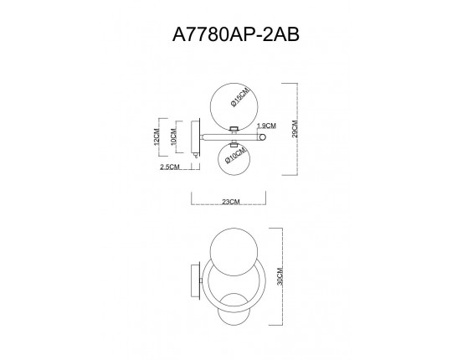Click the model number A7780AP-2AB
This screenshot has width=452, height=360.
click(x=225, y=35)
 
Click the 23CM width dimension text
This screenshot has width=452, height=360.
click(x=229, y=202)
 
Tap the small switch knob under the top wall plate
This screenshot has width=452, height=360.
click(x=196, y=155)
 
